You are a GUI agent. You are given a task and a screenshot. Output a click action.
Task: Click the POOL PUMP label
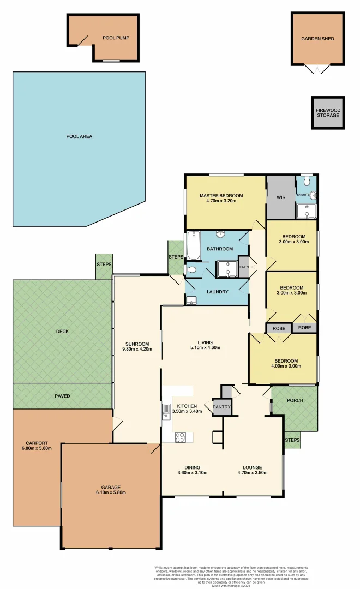pyautogui.click(x=115, y=38)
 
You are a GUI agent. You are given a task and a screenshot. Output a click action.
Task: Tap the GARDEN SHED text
pyautogui.click(x=317, y=39)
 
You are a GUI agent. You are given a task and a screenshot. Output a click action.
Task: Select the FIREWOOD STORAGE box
pyautogui.click(x=328, y=113)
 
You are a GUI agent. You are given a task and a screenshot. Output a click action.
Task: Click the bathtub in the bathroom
pyautogui.click(x=194, y=246)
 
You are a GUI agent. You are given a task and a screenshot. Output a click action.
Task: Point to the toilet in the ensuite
pyautogui.click(x=307, y=180)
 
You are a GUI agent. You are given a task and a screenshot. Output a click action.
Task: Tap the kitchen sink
pyautogui.click(x=165, y=412)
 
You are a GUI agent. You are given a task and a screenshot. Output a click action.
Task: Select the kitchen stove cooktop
pyautogui.click(x=181, y=436)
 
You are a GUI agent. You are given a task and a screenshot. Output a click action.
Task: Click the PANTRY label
pyautogui.click(x=222, y=407)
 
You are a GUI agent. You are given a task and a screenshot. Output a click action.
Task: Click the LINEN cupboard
pyautogui.click(x=244, y=267)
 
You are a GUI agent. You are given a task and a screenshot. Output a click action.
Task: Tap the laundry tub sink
pyautogui.click(x=191, y=300)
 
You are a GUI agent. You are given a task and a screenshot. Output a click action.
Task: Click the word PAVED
pyautogui.click(x=62, y=396)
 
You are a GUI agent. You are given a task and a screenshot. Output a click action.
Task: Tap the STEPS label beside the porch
pyautogui.click(x=292, y=440)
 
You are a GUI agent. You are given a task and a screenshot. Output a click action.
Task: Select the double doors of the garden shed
pyautogui.click(x=317, y=69)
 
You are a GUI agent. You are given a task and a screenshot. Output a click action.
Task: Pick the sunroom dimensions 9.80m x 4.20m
pyautogui.click(x=137, y=349)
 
